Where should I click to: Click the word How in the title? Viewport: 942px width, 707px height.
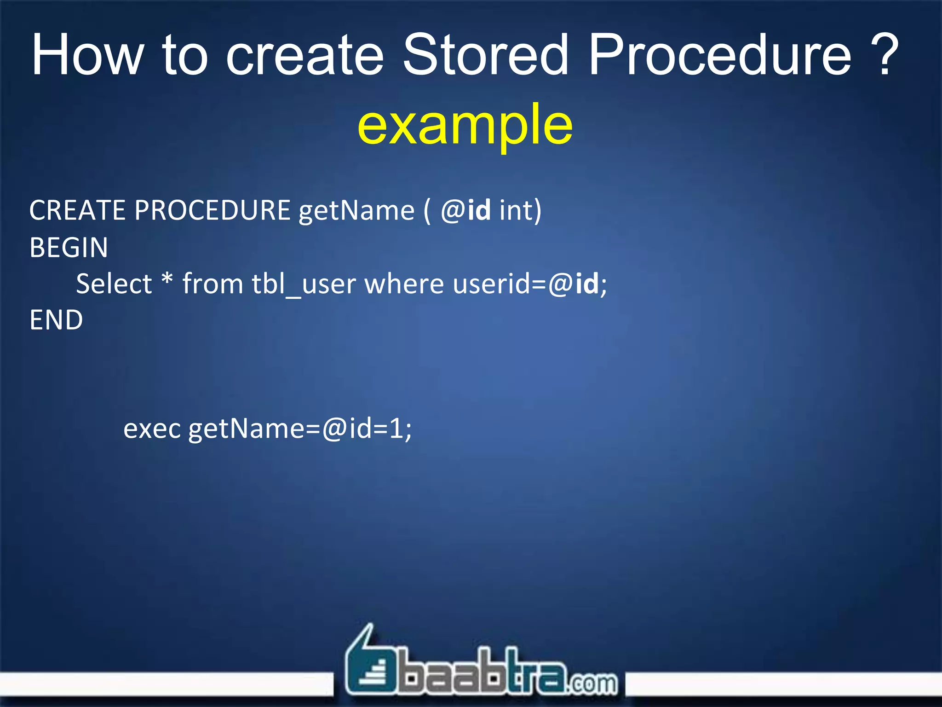pyautogui.click(x=87, y=55)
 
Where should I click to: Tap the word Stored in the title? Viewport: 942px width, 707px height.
pyautogui.click(x=486, y=55)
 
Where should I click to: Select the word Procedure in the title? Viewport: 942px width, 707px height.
pyautogui.click(x=720, y=55)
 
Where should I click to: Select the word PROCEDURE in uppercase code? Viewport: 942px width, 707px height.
pyautogui.click(x=212, y=211)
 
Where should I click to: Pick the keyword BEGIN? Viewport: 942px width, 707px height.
pyautogui.click(x=69, y=248)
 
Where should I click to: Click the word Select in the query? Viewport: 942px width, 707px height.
pyautogui.click(x=114, y=284)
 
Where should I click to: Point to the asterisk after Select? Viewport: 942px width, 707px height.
pyautogui.click(x=167, y=279)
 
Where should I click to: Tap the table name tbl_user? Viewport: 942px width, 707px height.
pyautogui.click(x=304, y=284)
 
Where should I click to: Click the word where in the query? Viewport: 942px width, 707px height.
pyautogui.click(x=404, y=284)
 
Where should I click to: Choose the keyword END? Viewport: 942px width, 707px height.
pyautogui.click(x=56, y=320)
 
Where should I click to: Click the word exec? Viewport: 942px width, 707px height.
pyautogui.click(x=152, y=429)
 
